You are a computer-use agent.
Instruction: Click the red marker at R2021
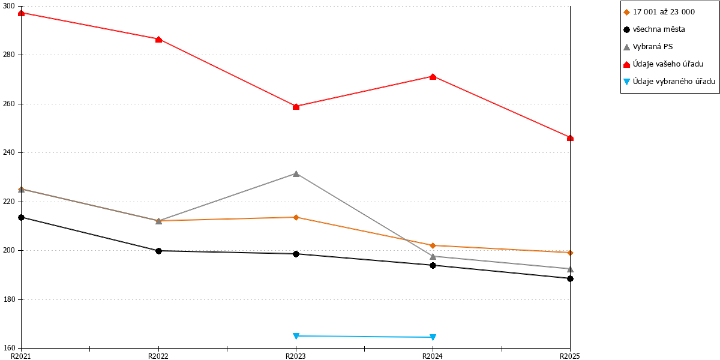(x=21, y=13)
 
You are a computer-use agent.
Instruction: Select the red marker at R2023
(x=296, y=107)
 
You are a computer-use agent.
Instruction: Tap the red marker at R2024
(x=433, y=77)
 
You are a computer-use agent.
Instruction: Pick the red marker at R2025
(x=570, y=138)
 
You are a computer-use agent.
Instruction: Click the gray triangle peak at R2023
(x=296, y=173)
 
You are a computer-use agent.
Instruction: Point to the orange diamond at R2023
(x=296, y=218)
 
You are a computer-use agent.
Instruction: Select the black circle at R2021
(x=21, y=218)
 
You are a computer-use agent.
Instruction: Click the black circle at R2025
(x=570, y=278)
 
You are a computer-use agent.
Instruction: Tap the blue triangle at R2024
(x=433, y=337)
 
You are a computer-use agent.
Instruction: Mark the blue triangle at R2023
(x=296, y=336)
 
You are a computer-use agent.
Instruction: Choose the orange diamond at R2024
(x=433, y=245)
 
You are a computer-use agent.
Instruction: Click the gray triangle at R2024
(x=433, y=256)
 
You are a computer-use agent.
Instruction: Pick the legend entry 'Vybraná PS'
(x=648, y=47)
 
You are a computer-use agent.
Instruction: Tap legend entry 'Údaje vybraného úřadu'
(x=669, y=82)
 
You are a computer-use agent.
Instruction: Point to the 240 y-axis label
(x=8, y=152)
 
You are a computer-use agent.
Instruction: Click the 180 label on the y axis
(x=8, y=299)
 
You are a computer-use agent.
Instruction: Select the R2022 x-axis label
(x=158, y=356)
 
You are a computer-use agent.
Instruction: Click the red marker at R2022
(x=158, y=40)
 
